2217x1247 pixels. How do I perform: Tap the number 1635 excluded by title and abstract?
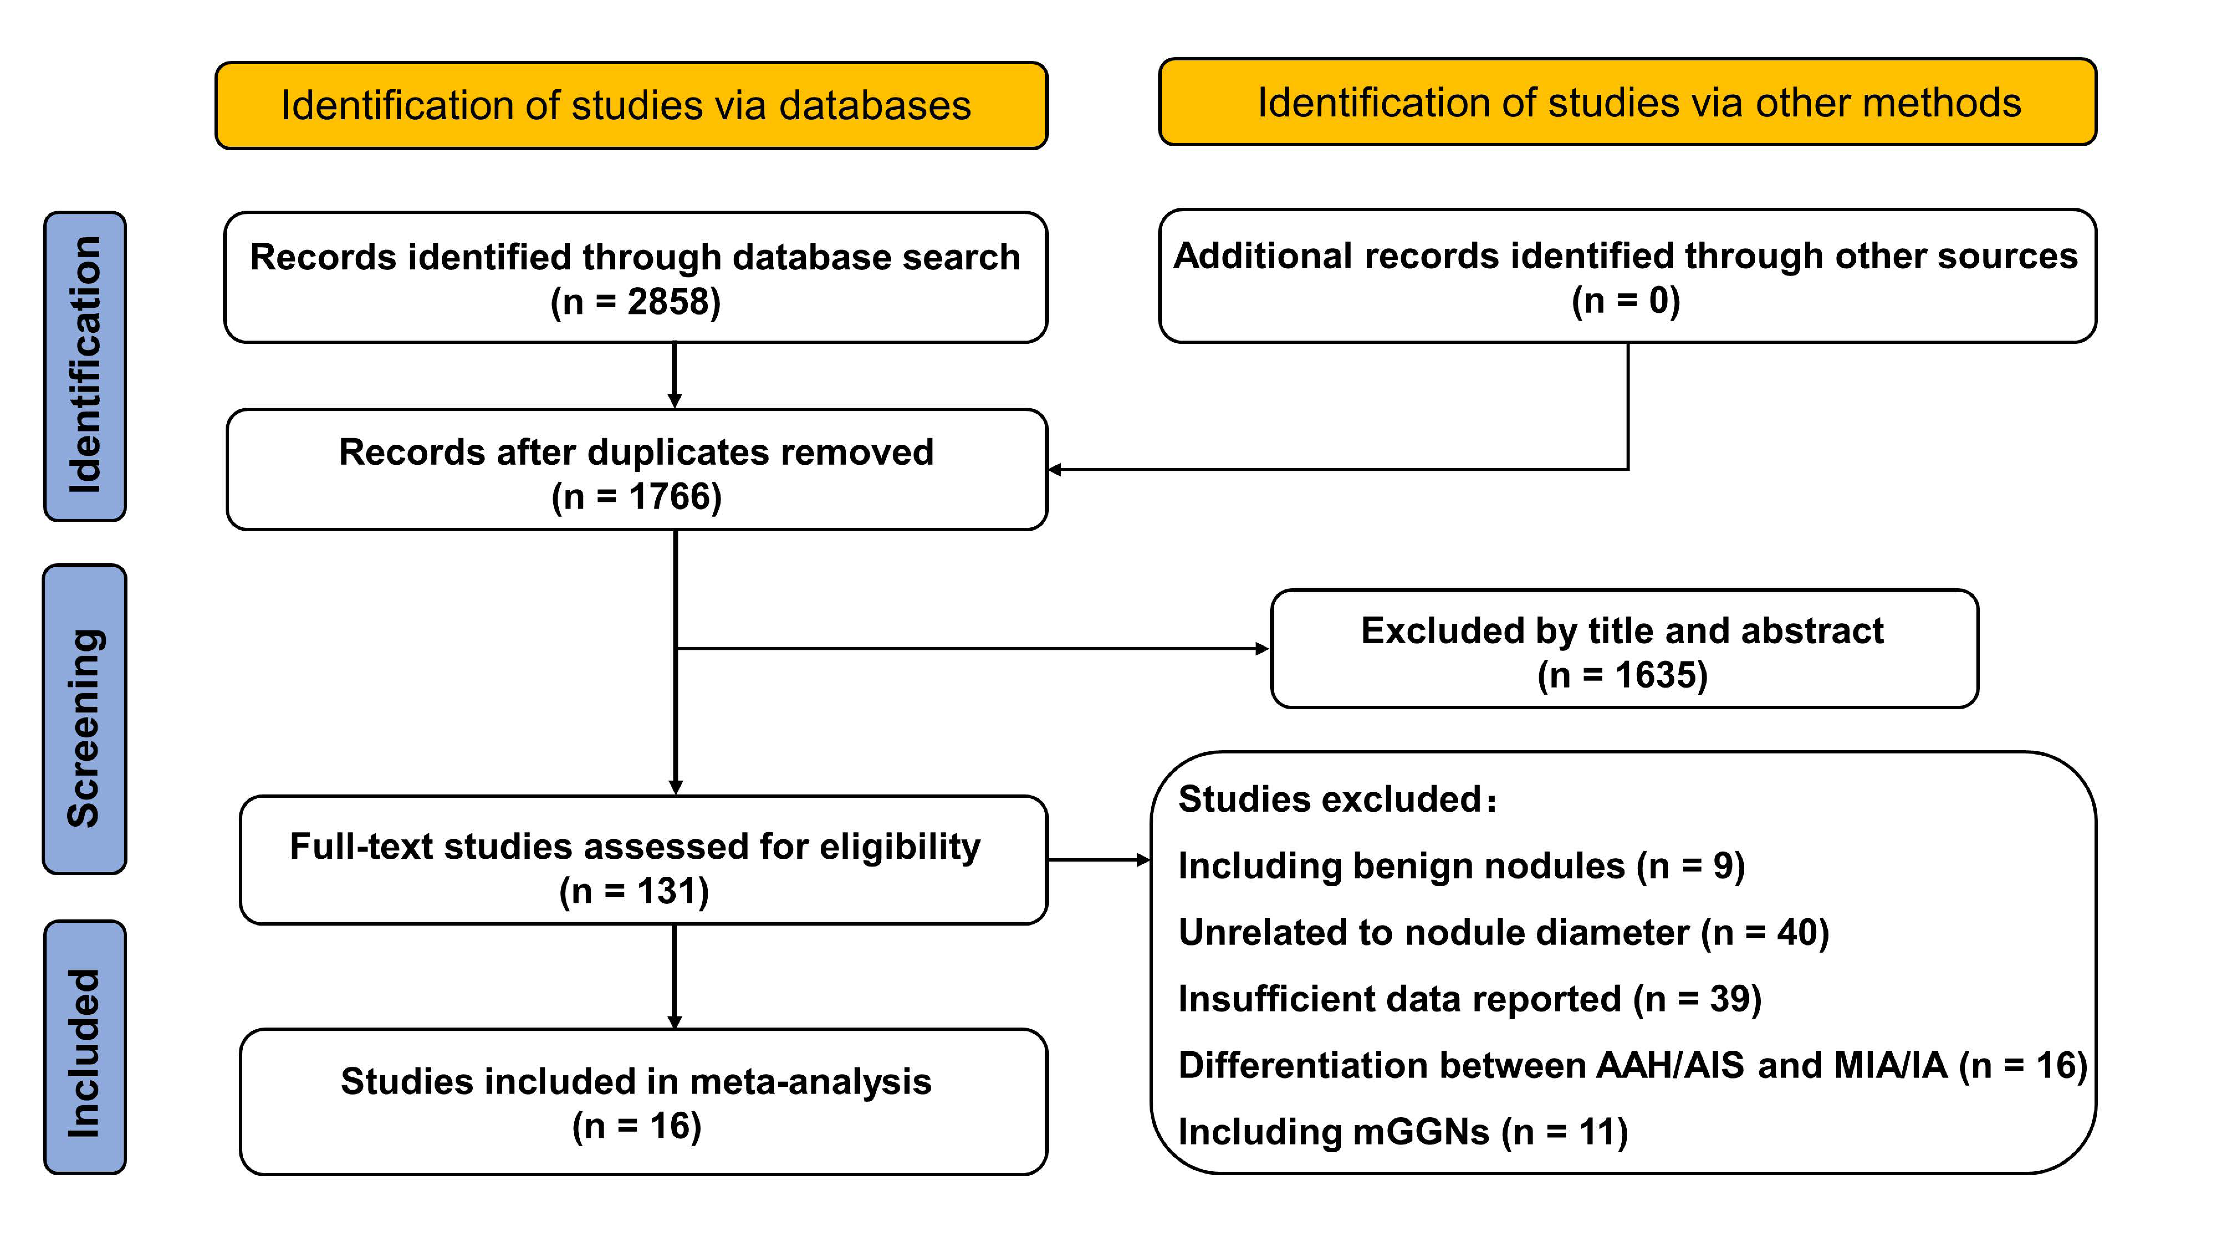(1660, 675)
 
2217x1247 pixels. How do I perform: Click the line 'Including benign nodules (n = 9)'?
(1460, 866)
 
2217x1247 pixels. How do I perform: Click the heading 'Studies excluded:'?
(1337, 799)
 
